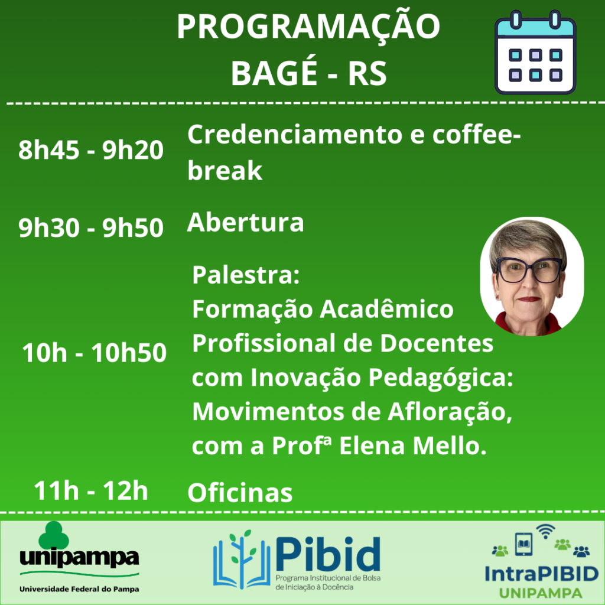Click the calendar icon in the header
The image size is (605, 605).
(535, 52)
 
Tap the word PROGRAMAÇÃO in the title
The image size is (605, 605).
(308, 26)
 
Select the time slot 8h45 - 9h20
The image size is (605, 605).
(91, 149)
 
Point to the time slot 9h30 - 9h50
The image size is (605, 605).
(91, 227)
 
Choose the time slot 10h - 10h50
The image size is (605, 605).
(94, 352)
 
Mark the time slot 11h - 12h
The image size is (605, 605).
(91, 490)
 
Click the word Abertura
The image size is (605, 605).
(245, 222)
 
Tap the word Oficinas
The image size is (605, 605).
(240, 493)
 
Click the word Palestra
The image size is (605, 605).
(246, 275)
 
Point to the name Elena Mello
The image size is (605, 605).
(413, 445)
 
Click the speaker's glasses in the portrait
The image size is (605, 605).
(529, 269)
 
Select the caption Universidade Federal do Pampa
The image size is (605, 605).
(79, 589)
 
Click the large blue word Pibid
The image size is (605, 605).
(328, 554)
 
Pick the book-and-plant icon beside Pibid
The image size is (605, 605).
(242, 559)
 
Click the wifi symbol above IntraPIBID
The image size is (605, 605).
(545, 531)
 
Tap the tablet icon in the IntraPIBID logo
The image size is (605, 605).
(523, 544)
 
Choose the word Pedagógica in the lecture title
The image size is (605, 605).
(441, 378)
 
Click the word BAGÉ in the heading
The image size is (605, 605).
(274, 73)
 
